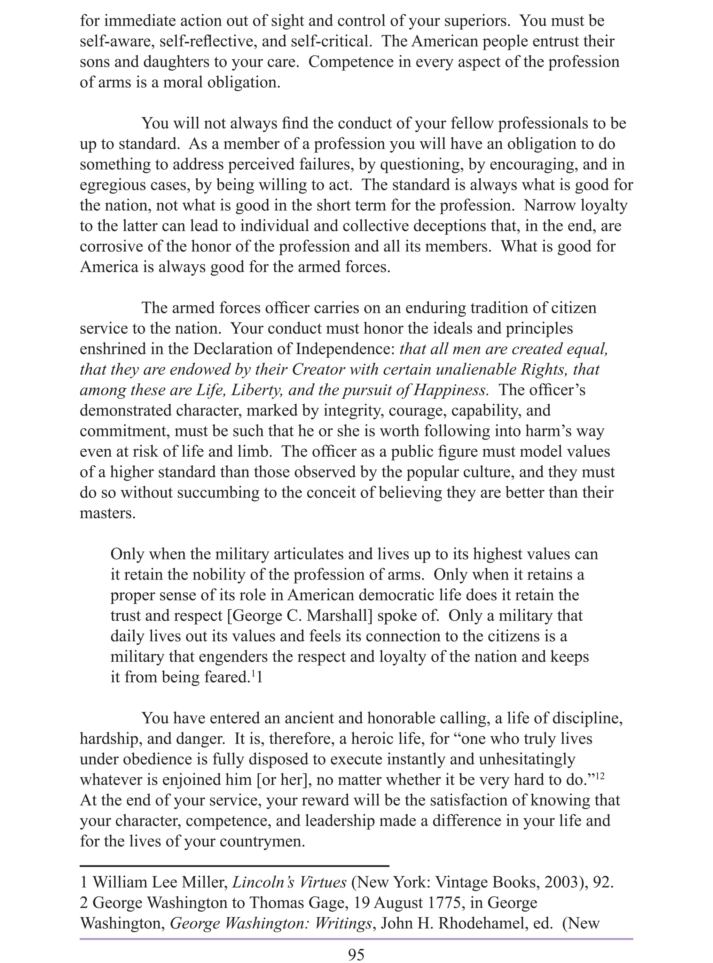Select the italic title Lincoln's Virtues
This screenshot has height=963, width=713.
[x=289, y=882]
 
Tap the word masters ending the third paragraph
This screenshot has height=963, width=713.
[x=108, y=513]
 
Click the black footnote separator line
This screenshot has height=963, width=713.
[x=234, y=865]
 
